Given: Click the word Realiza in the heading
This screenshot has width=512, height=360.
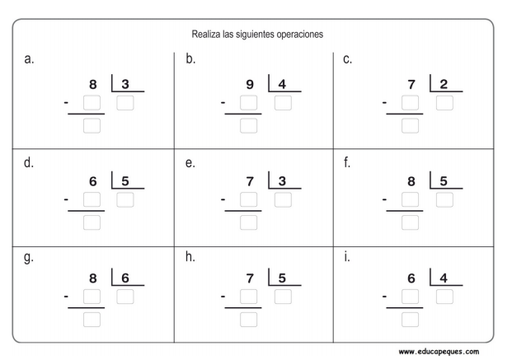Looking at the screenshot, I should click(x=204, y=35).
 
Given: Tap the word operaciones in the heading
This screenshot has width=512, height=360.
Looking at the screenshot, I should click(x=298, y=35).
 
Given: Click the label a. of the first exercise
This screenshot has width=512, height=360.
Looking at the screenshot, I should click(x=29, y=59).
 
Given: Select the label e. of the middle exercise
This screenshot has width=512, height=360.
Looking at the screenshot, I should click(x=190, y=163).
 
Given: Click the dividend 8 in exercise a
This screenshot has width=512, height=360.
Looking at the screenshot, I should click(x=93, y=85).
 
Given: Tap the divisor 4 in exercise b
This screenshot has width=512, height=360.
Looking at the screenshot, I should click(x=283, y=85).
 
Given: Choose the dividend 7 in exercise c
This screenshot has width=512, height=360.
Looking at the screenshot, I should click(x=411, y=85).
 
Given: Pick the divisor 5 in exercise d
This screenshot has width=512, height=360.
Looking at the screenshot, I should click(x=125, y=181).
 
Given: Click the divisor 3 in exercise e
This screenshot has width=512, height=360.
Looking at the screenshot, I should click(x=283, y=181).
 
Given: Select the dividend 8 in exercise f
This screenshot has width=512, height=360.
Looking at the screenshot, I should click(x=411, y=181).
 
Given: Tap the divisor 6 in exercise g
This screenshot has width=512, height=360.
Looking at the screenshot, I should click(x=125, y=278).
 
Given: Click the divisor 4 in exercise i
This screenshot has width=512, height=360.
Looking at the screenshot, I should click(x=444, y=278).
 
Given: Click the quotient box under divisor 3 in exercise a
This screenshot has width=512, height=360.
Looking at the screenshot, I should click(x=125, y=103).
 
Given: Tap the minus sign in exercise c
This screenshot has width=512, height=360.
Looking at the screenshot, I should click(x=385, y=104).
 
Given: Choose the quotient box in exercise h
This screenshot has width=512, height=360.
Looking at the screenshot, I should click(x=283, y=297).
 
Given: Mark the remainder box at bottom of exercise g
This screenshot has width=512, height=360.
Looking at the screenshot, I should click(x=92, y=319).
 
